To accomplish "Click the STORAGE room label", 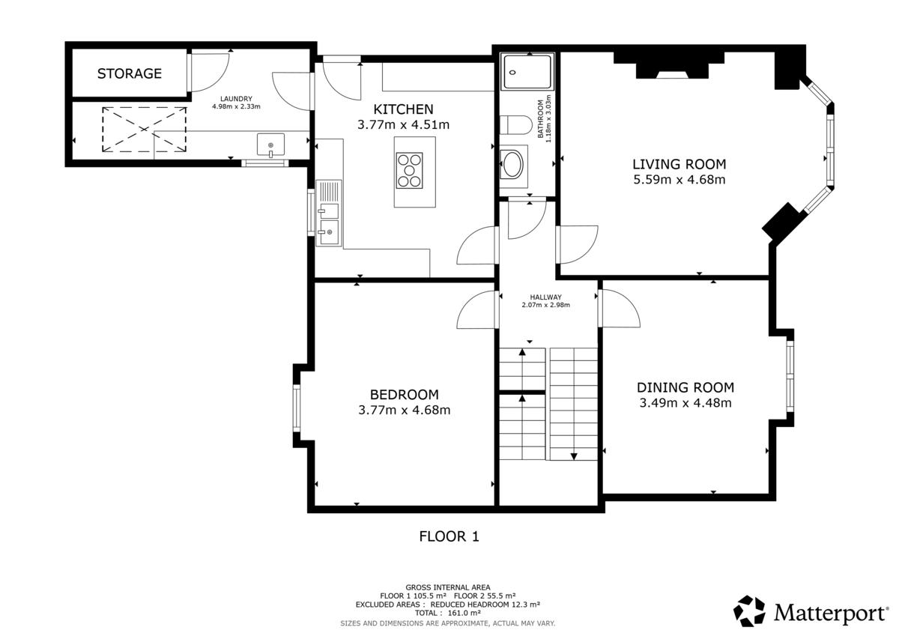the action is pyautogui.click(x=129, y=73).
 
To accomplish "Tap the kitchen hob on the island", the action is pyautogui.click(x=409, y=171).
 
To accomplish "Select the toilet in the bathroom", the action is pyautogui.click(x=515, y=125).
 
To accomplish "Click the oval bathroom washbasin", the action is pyautogui.click(x=513, y=164).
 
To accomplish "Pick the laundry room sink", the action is pyautogui.click(x=271, y=145).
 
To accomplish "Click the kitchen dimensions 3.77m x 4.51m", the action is pyautogui.click(x=403, y=125).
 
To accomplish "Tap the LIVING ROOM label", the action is pyautogui.click(x=679, y=164).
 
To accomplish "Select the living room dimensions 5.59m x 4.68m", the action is pyautogui.click(x=679, y=179).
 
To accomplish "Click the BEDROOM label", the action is pyautogui.click(x=404, y=395).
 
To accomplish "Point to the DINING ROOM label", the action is pyautogui.click(x=685, y=387).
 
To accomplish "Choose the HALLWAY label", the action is pyautogui.click(x=546, y=297).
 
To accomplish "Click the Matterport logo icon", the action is pyautogui.click(x=749, y=611).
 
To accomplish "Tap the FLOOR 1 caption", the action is pyautogui.click(x=449, y=536).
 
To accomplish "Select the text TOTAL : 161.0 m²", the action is pyautogui.click(x=448, y=613).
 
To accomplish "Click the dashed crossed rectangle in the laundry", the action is pyautogui.click(x=144, y=129).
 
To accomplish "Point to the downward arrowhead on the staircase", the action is pyautogui.click(x=574, y=456).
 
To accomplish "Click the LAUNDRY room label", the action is pyautogui.click(x=236, y=99).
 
